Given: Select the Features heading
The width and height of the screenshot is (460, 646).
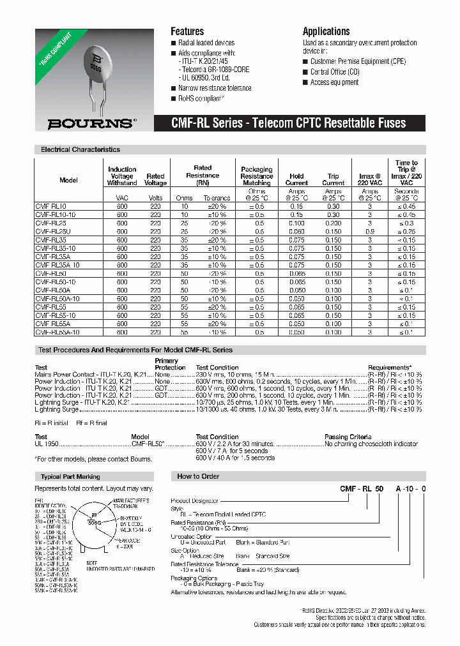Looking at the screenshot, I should pos(187,31).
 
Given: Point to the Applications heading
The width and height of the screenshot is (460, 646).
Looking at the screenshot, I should pos(326,31).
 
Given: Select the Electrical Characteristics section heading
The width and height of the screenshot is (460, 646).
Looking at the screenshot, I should pos(80,149).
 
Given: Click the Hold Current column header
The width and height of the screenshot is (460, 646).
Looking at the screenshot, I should pos(296,179).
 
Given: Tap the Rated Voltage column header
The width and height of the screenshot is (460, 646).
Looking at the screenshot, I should pos(155,179).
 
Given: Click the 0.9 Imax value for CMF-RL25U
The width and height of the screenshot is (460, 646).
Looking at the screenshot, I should pos(370,232).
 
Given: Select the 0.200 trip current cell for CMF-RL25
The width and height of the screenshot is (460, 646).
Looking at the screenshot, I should pos(333,223).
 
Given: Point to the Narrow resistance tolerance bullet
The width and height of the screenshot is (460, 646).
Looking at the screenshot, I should pos(214,88).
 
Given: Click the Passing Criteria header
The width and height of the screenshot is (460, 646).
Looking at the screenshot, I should pos(349,437).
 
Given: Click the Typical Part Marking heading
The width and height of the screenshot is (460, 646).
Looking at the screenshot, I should pos(70,477).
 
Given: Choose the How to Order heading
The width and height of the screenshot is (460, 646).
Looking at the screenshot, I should pos(198,477).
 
